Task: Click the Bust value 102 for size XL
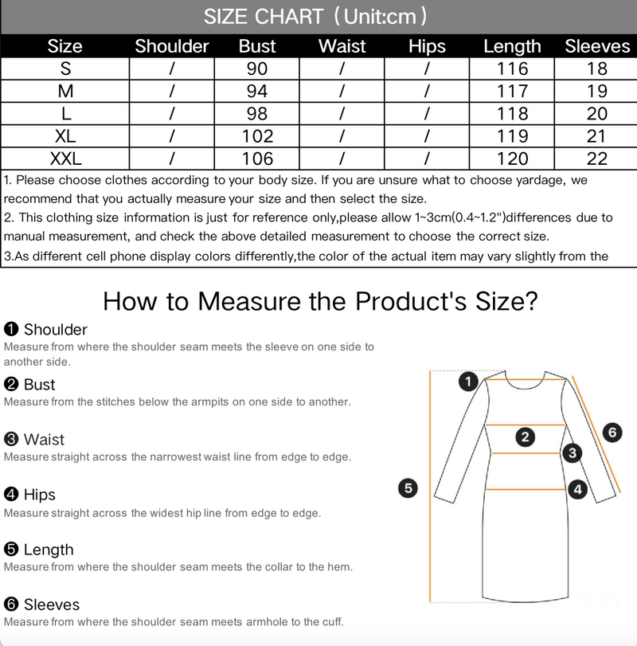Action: pyautogui.click(x=257, y=136)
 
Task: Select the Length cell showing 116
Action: pyautogui.click(x=512, y=69)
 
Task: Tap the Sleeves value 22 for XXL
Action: pyautogui.click(x=596, y=159)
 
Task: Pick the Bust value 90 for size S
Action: pyautogui.click(x=257, y=69)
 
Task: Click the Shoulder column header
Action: pyautogui.click(x=172, y=46)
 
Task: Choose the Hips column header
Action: pyautogui.click(x=427, y=46)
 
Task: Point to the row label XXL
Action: pyautogui.click(x=65, y=159)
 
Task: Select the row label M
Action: pyautogui.click(x=65, y=91)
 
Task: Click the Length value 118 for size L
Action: pyautogui.click(x=512, y=114)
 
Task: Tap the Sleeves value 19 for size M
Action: pyautogui.click(x=596, y=91)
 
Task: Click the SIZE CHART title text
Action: pyautogui.click(x=264, y=17)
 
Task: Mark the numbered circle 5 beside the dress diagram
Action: pyautogui.click(x=408, y=488)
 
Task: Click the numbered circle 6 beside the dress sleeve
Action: pyautogui.click(x=612, y=433)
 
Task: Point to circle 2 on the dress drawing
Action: pyautogui.click(x=525, y=437)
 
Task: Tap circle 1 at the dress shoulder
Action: pyautogui.click(x=468, y=382)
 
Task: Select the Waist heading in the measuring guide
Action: pyautogui.click(x=44, y=440)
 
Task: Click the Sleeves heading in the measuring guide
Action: pyautogui.click(x=52, y=605)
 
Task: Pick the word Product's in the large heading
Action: pyautogui.click(x=411, y=302)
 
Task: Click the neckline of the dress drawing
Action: pyautogui.click(x=526, y=382)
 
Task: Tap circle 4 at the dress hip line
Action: pyautogui.click(x=578, y=489)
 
